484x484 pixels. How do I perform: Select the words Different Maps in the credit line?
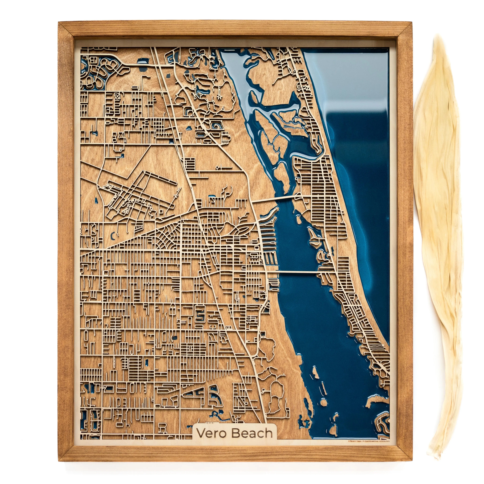pyautogui.click(x=354, y=441)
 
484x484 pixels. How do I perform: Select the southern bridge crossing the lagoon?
pyautogui.click(x=297, y=271)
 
